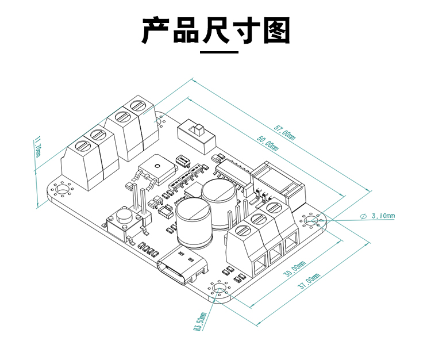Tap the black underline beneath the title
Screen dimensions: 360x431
218,52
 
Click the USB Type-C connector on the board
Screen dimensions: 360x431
182,269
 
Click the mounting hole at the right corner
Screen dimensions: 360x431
311,220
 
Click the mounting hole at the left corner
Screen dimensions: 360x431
60,189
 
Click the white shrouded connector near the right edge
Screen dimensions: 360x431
280,183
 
